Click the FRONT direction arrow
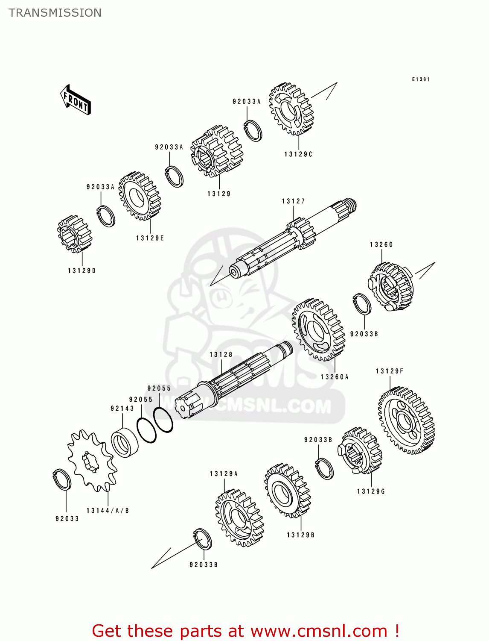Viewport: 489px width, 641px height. (76, 100)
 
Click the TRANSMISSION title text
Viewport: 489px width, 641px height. (55, 13)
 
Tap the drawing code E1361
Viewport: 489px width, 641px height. (420, 79)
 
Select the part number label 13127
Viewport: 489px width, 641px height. (293, 201)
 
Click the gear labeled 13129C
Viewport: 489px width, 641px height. (291, 109)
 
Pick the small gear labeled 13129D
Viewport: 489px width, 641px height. (74, 233)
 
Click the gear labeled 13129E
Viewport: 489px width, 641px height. (139, 197)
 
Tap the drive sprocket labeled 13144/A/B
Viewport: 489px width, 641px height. (91, 460)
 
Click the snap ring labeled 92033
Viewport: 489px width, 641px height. (62, 479)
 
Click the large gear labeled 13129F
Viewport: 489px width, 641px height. (406, 420)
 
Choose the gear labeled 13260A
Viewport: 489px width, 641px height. (318, 329)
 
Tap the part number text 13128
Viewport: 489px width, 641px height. (221, 355)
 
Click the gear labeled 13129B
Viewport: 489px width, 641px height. (287, 491)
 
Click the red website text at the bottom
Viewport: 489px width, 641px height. (246, 631)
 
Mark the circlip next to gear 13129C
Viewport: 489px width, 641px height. (253, 131)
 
